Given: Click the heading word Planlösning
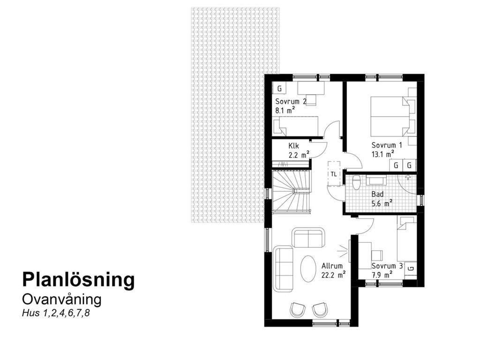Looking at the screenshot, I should click(78, 279).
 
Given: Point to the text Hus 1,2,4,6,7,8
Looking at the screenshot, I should click(55, 314).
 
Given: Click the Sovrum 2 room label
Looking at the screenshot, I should click(291, 101).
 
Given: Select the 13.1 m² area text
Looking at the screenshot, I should click(382, 153).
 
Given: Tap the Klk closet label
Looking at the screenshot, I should click(293, 145).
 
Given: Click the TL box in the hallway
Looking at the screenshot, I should click(333, 174).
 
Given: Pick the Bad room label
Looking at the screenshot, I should click(377, 194).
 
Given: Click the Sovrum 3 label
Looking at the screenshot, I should click(386, 266).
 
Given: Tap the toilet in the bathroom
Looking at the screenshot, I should click(356, 182).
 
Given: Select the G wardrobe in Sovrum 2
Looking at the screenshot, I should click(279, 88).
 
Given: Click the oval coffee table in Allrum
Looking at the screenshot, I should click(308, 268).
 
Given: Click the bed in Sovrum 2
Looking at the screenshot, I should click(296, 126).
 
